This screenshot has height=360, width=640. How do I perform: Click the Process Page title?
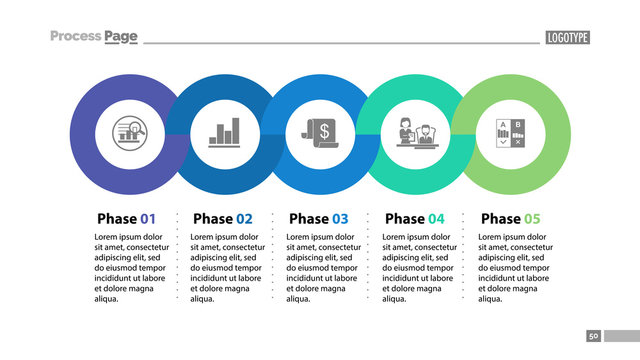[x=94, y=37]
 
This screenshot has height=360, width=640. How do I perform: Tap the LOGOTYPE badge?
[x=567, y=38]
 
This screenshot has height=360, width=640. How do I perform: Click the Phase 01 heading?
[x=126, y=218]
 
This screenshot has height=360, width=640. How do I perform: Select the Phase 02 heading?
[x=222, y=218]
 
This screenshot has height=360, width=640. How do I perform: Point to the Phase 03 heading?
[x=318, y=218]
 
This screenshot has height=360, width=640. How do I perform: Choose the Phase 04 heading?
[x=414, y=218]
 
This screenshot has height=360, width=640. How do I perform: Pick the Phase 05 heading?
[x=510, y=218]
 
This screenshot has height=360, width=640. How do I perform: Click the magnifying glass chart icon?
[x=127, y=132]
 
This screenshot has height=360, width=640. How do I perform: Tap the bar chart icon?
[x=223, y=132]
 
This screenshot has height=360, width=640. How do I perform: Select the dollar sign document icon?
[x=320, y=132]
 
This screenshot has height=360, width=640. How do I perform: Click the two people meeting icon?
[x=415, y=132]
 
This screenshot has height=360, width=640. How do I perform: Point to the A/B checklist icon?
[x=510, y=132]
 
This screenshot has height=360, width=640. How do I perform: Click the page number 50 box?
[x=593, y=337]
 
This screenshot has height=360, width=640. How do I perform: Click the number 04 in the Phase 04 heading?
[x=436, y=218]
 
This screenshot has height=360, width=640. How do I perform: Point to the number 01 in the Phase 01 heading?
[x=148, y=218]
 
